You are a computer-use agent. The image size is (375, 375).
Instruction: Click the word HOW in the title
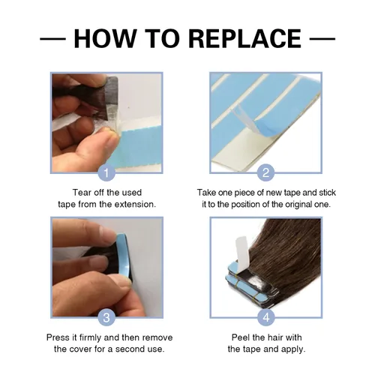pyautogui.click(x=104, y=38)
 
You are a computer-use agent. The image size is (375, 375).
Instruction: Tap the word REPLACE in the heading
pyautogui.click(x=244, y=38)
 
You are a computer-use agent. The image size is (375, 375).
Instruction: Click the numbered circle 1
pyautogui.click(x=106, y=172)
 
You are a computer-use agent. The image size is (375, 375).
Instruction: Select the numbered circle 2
pyautogui.click(x=265, y=172)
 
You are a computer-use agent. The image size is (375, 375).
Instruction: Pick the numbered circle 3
pyautogui.click(x=106, y=317)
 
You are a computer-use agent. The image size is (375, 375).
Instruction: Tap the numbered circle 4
pyautogui.click(x=265, y=317)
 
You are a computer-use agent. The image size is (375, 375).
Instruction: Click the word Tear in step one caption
pyautogui.click(x=82, y=193)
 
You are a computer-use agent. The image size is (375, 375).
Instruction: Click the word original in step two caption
pyautogui.click(x=298, y=205)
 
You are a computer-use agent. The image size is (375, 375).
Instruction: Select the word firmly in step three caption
pyautogui.click(x=90, y=337)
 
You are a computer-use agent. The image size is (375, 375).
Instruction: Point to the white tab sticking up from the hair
pyautogui.click(x=242, y=253)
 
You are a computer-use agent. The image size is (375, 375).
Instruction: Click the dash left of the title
pyautogui.click(x=52, y=39)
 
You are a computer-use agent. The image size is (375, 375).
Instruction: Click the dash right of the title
pyautogui.click(x=322, y=39)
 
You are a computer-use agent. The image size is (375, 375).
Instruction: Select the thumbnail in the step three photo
pyautogui.click(x=125, y=283)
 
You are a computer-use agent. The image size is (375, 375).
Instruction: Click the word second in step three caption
pyautogui.click(x=129, y=349)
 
